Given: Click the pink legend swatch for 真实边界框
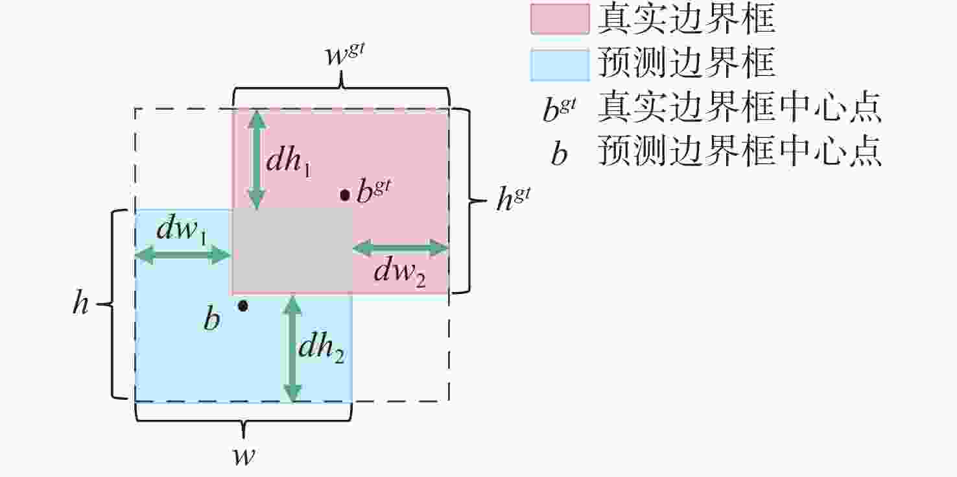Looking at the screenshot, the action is tap(560, 19).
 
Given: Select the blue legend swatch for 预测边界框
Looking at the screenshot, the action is tap(560, 65).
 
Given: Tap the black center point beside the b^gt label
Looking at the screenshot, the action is tap(345, 195).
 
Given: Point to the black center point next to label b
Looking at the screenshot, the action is tap(242, 306).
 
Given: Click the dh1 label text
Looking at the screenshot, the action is tap(289, 162).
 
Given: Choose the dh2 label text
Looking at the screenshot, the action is tap(321, 348).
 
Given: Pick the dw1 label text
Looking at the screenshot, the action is tap(182, 231).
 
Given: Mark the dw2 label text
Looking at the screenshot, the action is tap(399, 273).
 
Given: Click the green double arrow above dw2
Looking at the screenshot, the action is tap(400, 248).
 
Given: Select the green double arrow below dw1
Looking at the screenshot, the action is tap(183, 256).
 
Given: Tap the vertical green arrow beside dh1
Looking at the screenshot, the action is tap(256, 160).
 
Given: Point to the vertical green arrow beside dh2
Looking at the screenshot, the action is tap(292, 349).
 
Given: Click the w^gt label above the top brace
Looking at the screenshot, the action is tap(344, 55).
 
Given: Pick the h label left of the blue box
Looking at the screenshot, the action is tap(81, 302).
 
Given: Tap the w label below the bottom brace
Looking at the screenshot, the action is tap(244, 456).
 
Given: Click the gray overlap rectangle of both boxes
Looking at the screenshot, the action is tap(292, 252).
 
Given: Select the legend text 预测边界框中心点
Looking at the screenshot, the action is tap(740, 151).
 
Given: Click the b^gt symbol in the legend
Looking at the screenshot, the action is tap(560, 109).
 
